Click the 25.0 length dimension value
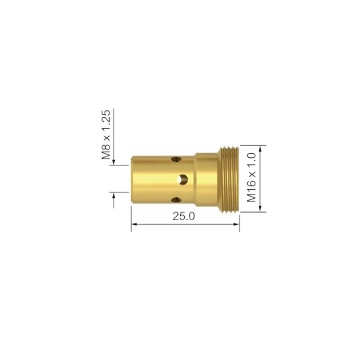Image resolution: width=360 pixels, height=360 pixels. (x=183, y=216)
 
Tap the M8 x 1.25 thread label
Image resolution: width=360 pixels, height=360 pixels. (x=106, y=135)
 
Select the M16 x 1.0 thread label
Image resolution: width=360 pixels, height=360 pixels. (x=251, y=177)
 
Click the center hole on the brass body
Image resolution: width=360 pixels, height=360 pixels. (x=183, y=179)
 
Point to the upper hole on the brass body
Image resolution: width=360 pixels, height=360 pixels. (x=176, y=159)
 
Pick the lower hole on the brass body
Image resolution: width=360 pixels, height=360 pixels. (x=176, y=200)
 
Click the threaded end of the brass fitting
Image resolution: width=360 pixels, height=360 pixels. (x=228, y=179)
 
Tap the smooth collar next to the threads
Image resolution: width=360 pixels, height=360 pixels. (x=206, y=179)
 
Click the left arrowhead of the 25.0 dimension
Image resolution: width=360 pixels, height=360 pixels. (x=134, y=224)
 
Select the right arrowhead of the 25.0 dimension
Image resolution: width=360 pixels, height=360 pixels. (x=237, y=224)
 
